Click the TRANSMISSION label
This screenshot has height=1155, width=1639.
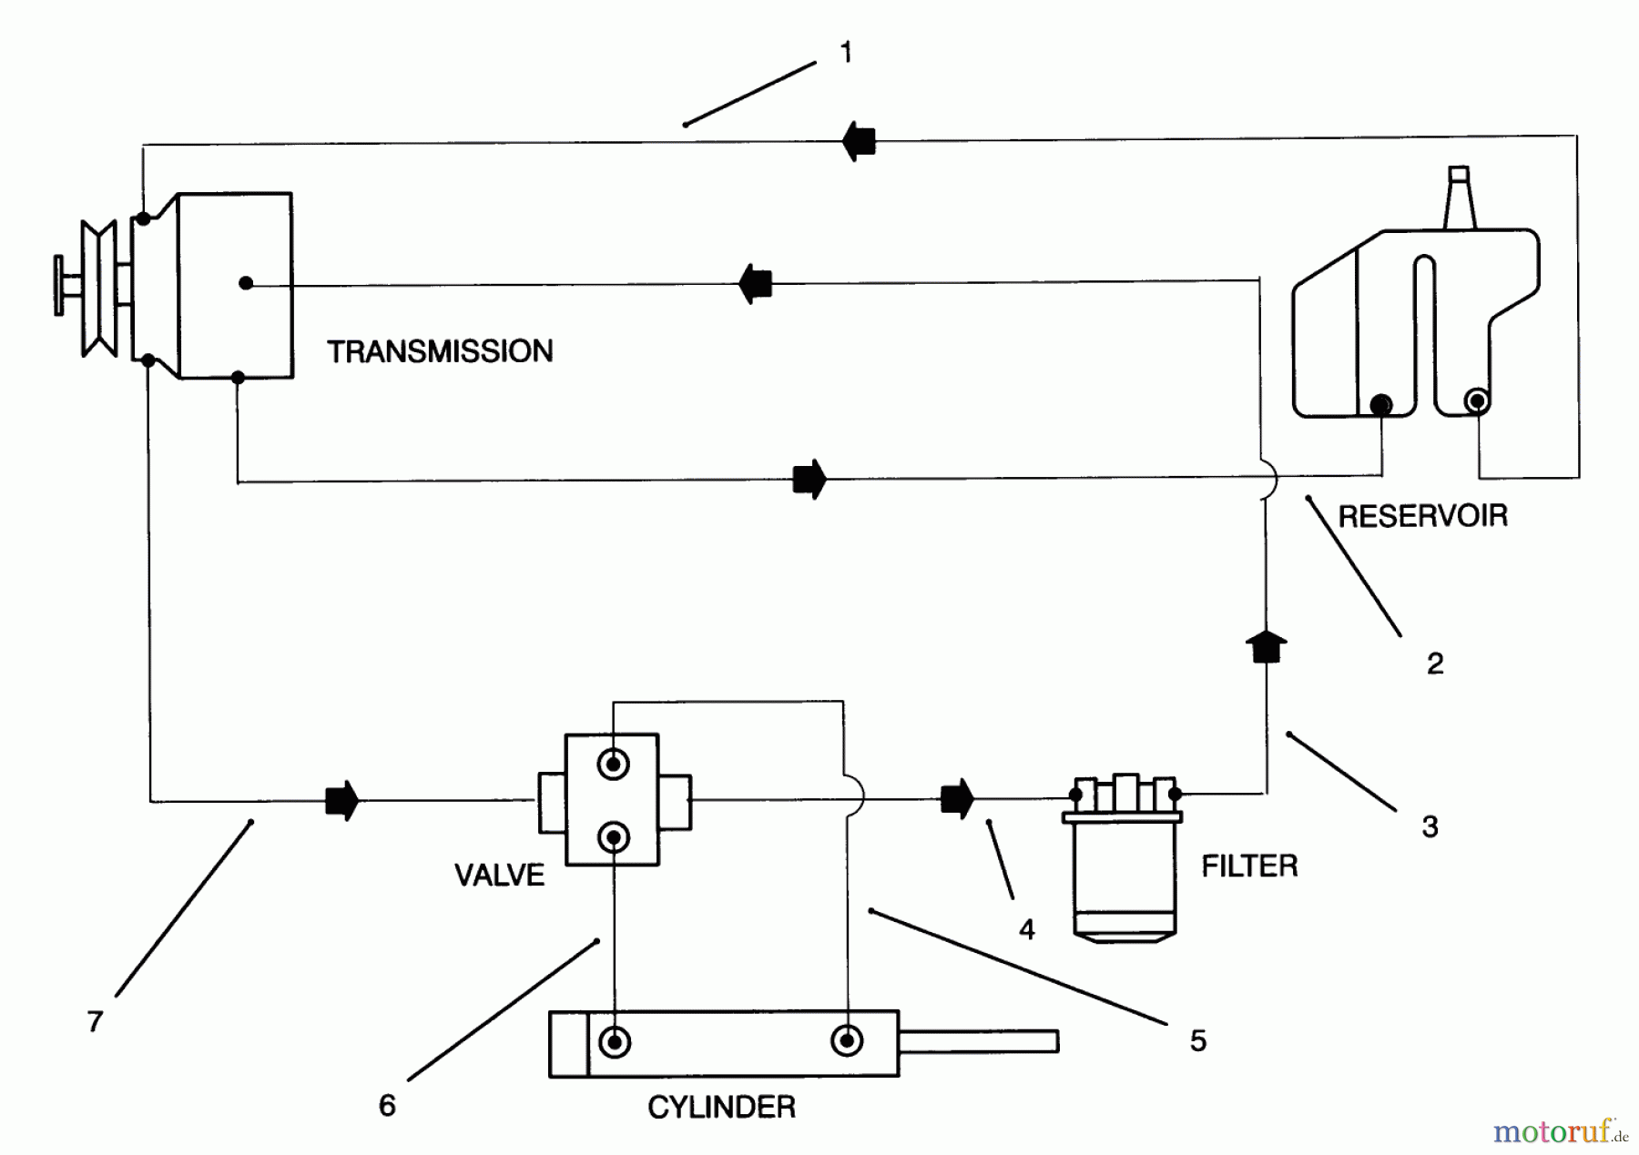point(440,351)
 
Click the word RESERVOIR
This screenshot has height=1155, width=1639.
point(1422,516)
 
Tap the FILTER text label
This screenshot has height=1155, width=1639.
point(1249,866)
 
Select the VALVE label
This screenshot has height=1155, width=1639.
point(499,875)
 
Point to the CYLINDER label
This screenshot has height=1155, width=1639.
point(721,1107)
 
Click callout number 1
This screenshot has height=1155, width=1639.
point(846,53)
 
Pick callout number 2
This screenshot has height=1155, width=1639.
point(1435,664)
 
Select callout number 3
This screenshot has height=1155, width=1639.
point(1430,826)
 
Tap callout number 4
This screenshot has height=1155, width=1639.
point(1027,929)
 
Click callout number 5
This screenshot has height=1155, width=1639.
point(1198,1040)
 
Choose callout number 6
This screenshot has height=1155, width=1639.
point(387,1105)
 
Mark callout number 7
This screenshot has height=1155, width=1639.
point(95,1021)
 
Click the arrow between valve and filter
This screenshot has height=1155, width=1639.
point(957,799)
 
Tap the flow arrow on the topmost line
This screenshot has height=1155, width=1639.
point(859,142)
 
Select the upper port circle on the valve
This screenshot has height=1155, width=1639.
point(614,764)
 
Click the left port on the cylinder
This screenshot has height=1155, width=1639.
point(615,1040)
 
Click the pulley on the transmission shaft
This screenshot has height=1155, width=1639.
point(98,288)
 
